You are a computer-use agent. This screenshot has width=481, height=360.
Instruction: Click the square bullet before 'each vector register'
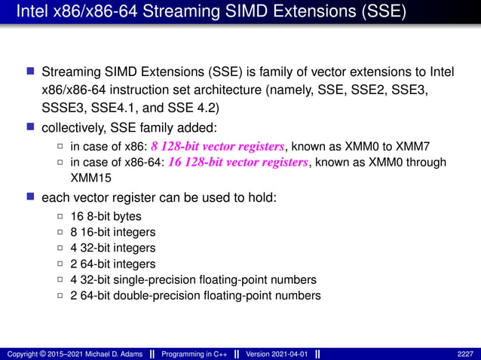[x=31, y=197]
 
